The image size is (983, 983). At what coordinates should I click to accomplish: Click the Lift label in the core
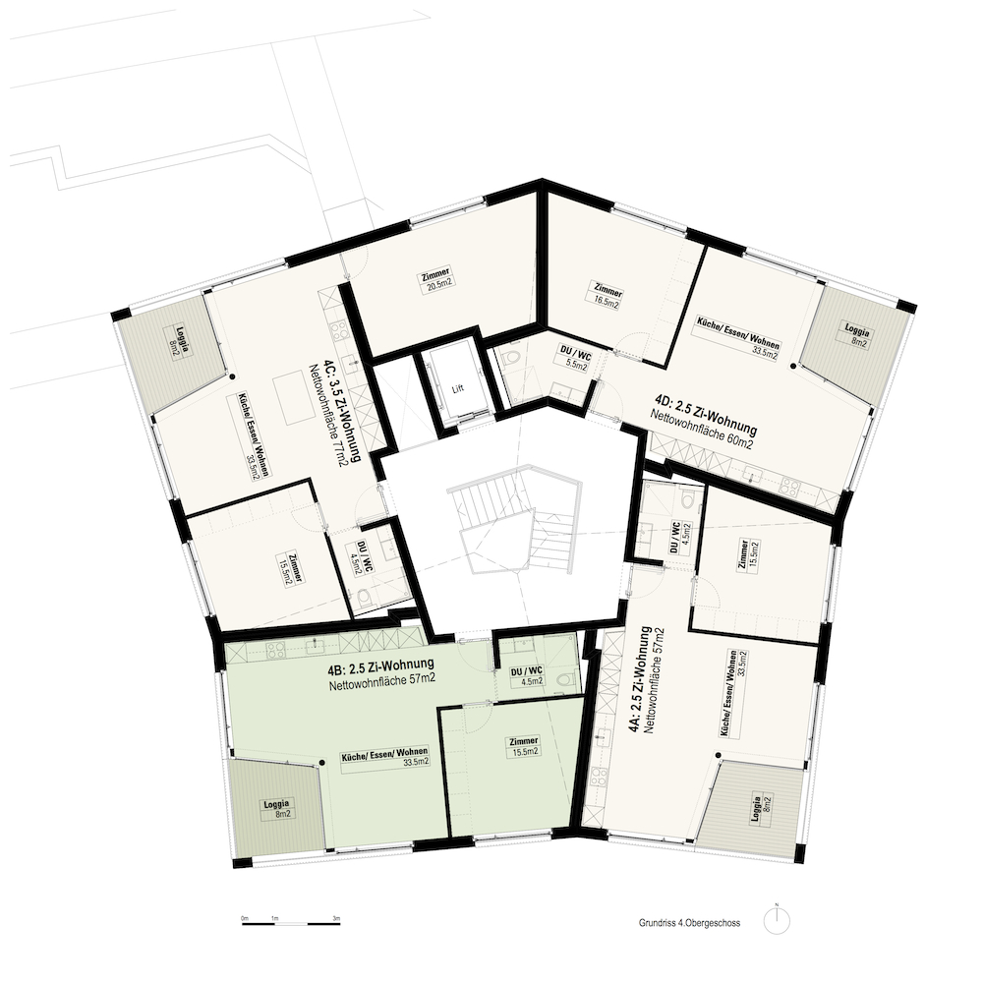[x=458, y=388]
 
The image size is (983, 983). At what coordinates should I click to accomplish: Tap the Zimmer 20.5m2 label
[x=437, y=278]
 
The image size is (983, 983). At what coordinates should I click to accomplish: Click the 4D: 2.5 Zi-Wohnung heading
[x=707, y=413]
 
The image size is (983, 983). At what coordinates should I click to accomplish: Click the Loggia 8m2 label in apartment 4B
[x=276, y=809]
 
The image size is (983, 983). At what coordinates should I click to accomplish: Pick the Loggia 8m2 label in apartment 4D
[x=855, y=335]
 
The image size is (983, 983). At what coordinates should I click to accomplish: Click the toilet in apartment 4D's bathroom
[x=512, y=358]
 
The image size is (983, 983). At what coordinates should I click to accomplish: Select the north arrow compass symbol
[x=777, y=921]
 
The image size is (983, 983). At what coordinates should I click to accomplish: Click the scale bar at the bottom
[x=291, y=922]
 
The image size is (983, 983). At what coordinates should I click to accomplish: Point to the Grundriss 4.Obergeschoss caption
[x=690, y=923]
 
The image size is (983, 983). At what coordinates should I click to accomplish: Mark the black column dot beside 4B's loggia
[x=322, y=763]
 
